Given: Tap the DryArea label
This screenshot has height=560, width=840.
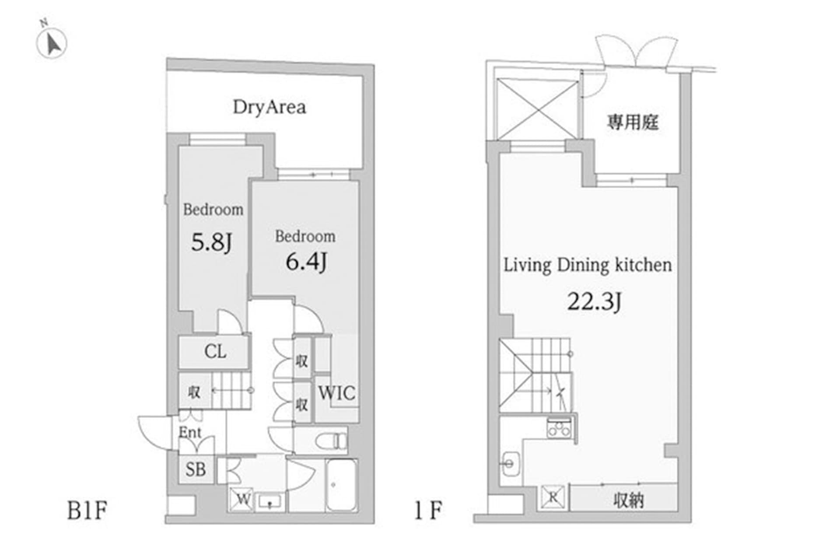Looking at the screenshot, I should tap(269, 107).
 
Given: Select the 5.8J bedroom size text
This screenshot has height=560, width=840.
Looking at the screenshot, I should tap(212, 242).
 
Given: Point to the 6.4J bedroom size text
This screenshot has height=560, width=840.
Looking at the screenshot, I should tap(306, 262).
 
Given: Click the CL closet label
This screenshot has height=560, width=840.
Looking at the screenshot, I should tap(215, 351).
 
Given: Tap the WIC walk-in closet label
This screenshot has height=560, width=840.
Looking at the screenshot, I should tap(336, 393).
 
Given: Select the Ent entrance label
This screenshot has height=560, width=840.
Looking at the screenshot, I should tap(190, 432).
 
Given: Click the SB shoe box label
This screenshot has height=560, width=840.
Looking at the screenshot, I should tap(196, 469).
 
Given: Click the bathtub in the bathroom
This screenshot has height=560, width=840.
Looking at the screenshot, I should tap(342, 485).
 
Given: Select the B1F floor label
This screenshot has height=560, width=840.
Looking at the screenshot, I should tap(87, 510).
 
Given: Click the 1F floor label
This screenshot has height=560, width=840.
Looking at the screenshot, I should tap(428, 510).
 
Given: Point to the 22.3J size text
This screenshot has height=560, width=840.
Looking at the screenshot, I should tap(594, 301).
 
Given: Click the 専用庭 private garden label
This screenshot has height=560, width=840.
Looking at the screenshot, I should tap(632, 122).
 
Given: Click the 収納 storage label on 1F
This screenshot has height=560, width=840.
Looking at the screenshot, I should tap(628, 500).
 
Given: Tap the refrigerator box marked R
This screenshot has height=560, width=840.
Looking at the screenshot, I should tap(553, 497).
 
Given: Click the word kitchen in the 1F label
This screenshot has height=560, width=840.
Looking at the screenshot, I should tap(643, 265).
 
